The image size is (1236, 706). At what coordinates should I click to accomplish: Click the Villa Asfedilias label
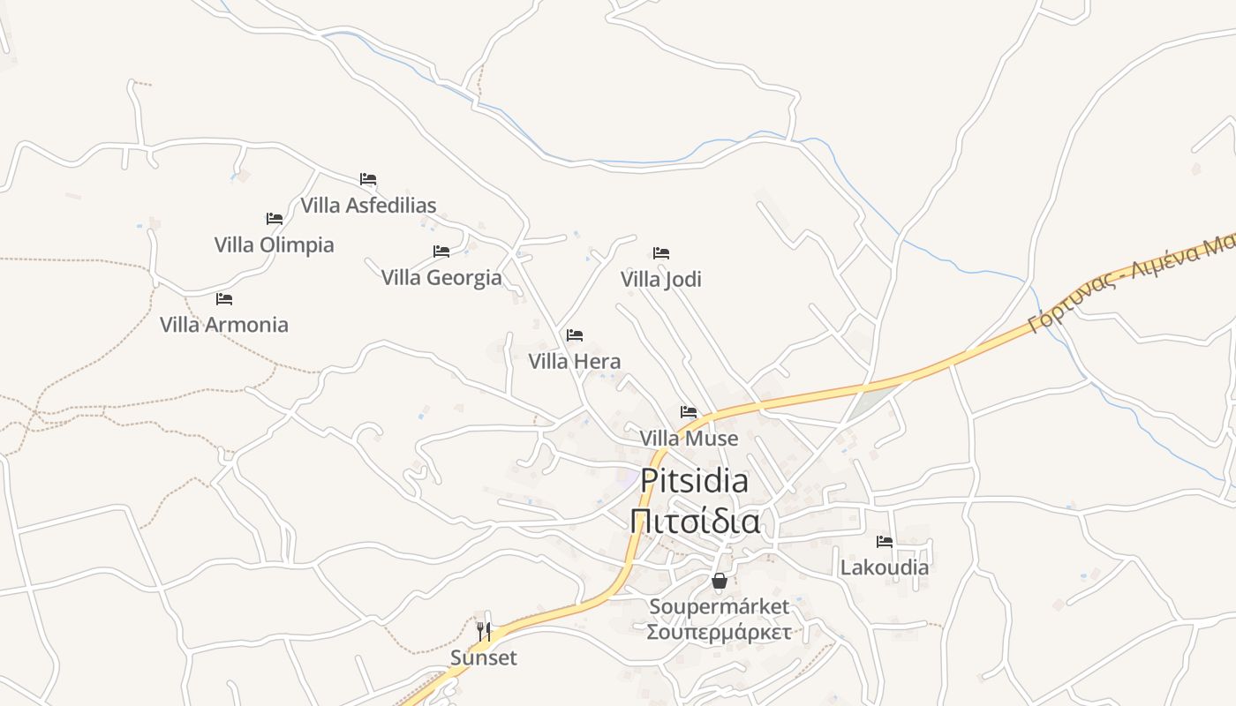(368, 206)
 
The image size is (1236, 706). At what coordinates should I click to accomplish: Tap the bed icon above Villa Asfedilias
(368, 179)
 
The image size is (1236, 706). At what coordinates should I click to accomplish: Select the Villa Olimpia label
(274, 244)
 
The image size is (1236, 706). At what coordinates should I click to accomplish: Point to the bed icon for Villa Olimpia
(275, 218)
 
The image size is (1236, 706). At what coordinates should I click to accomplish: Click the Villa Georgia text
(441, 277)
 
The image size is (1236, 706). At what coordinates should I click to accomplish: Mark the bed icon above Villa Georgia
(441, 252)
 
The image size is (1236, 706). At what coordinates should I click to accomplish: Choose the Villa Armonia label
(224, 324)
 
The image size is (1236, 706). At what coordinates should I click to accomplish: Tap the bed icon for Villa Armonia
(224, 299)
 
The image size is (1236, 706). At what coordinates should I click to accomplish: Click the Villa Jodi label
(660, 279)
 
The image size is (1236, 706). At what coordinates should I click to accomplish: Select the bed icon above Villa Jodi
(661, 253)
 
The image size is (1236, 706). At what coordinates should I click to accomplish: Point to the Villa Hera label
(575, 361)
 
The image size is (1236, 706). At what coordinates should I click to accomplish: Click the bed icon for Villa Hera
(575, 335)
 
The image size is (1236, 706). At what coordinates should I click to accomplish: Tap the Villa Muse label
(689, 438)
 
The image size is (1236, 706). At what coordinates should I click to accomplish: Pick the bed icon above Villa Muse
(689, 412)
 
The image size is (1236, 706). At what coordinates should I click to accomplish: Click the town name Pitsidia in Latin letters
(694, 481)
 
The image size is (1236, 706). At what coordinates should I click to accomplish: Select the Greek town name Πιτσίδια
(695, 521)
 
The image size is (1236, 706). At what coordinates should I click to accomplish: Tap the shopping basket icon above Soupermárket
(720, 581)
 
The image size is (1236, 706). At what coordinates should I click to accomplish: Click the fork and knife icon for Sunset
(484, 631)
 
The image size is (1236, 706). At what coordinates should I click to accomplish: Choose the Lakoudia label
(884, 567)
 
